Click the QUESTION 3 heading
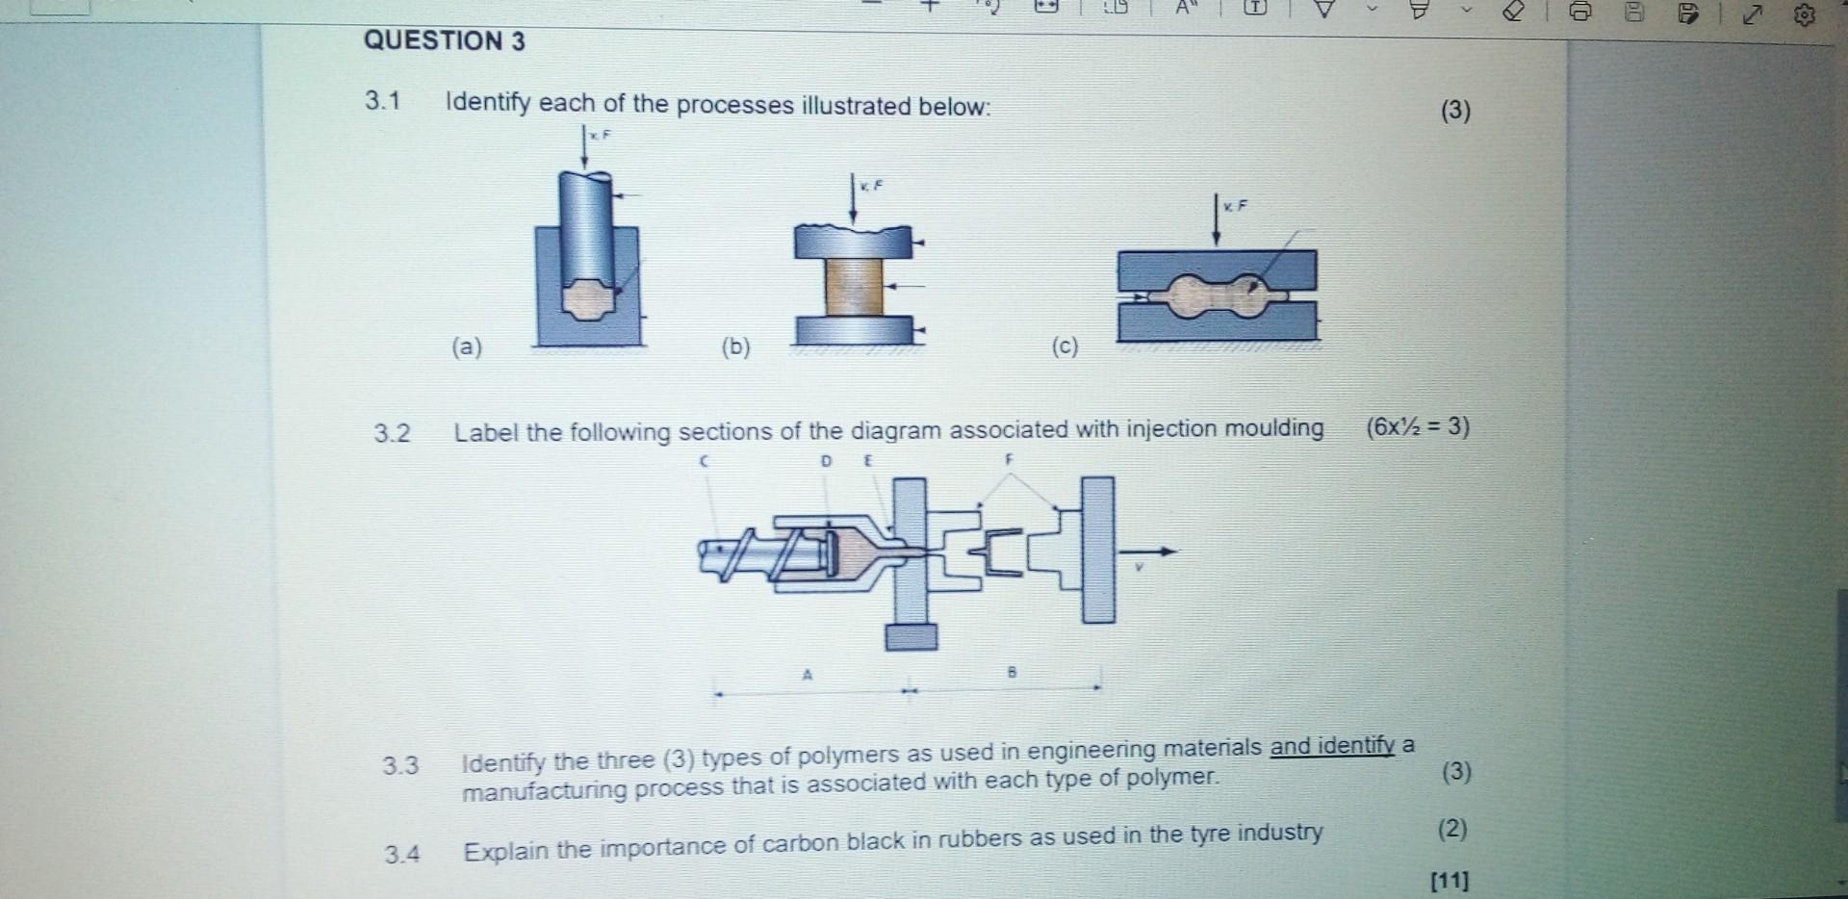444,40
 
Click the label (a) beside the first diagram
467,347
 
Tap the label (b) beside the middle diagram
736,347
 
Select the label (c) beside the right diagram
1065,346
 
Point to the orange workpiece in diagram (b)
854,287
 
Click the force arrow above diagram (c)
1218,220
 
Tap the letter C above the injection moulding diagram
704,462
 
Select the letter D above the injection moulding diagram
826,461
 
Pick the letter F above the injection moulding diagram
1009,460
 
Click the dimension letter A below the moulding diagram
808,675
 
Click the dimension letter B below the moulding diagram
1012,672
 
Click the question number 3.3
400,766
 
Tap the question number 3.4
401,854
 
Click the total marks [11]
1450,880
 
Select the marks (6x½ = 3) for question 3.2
1417,426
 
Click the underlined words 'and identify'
1332,746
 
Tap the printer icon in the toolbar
1579,13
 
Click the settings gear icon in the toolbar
1805,14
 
